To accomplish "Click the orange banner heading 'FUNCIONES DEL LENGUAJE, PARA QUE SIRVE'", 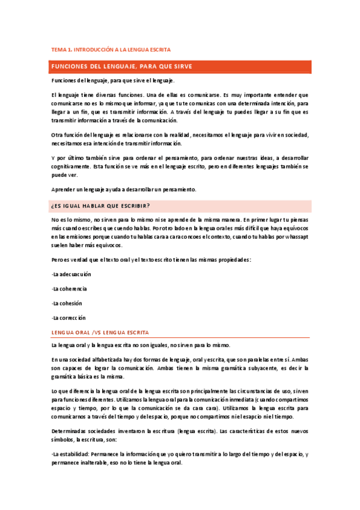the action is [121, 66].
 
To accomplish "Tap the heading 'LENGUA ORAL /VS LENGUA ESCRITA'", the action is [100, 332].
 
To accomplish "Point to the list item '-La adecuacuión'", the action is [71, 274].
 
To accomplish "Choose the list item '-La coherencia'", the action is [70, 288].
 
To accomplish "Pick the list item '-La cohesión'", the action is [67, 303].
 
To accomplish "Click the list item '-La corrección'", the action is [69, 317].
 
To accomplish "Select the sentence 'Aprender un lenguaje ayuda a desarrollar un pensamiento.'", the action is [124, 189].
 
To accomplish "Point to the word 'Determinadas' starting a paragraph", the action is [67, 431].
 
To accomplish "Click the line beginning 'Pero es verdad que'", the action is [151, 259].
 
